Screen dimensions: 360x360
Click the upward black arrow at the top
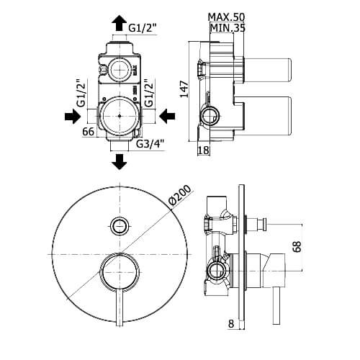tap(119, 23)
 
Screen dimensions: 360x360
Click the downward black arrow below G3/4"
tap(119, 162)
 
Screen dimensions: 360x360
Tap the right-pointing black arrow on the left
tap(73, 117)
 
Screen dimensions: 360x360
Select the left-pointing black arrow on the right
tap(167, 117)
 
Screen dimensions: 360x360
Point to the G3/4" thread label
tap(150, 144)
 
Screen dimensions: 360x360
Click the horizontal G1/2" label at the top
tap(143, 28)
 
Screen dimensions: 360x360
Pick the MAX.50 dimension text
tap(226, 17)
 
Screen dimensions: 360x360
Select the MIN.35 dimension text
tap(228, 28)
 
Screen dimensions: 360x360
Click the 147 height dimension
tap(184, 89)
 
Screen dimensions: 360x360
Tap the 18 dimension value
tap(204, 150)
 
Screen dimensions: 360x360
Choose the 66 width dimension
tap(89, 132)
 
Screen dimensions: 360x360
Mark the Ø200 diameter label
tap(180, 195)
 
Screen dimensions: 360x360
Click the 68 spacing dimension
tap(297, 247)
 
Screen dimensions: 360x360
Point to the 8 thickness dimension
tap(231, 323)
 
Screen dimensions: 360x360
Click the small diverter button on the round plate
tap(120, 225)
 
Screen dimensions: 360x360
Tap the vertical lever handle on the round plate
tap(120, 307)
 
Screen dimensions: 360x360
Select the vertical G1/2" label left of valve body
tap(81, 94)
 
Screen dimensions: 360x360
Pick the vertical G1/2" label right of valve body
tap(149, 94)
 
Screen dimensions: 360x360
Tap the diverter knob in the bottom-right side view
tap(257, 224)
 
